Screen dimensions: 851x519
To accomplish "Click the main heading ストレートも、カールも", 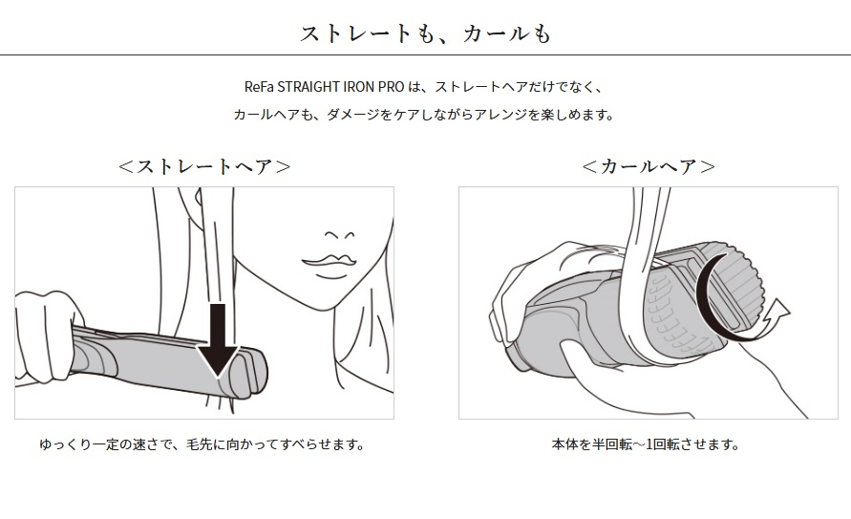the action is point(426,33).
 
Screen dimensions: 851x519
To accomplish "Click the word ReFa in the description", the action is point(259,87).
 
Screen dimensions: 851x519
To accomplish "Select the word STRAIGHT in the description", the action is point(308,87).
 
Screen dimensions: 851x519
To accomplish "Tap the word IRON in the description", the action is point(358,87).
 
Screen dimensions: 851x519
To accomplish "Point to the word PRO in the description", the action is point(391,87).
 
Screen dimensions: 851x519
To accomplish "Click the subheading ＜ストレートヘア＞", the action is point(204,166).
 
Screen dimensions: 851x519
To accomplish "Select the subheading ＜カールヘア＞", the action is point(648,166).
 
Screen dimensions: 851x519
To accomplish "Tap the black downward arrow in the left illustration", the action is point(217,340).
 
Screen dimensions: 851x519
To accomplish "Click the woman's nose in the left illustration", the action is point(340,236).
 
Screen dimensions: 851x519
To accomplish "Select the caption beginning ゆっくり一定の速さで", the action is point(202,444).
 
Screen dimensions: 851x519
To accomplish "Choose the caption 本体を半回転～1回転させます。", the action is point(646,444).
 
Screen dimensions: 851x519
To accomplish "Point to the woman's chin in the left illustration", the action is point(327,301).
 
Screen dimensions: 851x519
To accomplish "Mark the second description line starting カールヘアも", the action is point(424,115).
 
